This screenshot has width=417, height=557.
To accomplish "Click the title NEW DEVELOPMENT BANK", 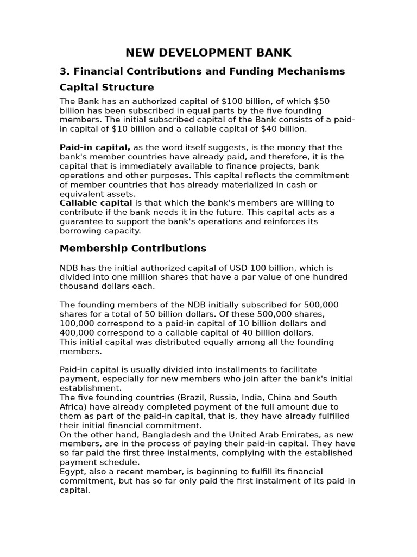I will coord(208,53).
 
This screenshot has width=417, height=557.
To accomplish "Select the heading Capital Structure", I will coord(106,88).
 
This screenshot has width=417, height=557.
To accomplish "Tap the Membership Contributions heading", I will coord(133,249).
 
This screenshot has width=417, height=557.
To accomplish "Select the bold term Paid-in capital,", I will coord(94,148).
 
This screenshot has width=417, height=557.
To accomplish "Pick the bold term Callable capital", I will coord(96,203).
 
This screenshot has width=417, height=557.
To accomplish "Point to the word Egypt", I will coord(72,472).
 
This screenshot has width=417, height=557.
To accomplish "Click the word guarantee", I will coord(81,222).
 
